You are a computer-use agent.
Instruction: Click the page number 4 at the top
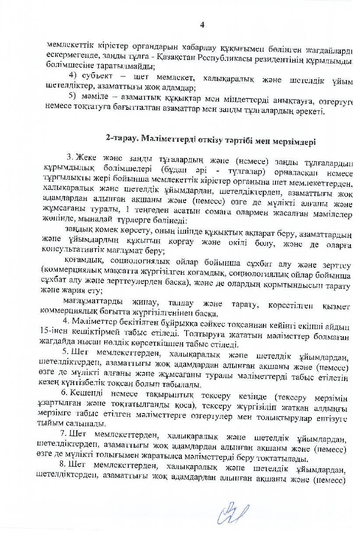click(x=202, y=25)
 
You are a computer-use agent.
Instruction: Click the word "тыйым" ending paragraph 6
click(x=50, y=424)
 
